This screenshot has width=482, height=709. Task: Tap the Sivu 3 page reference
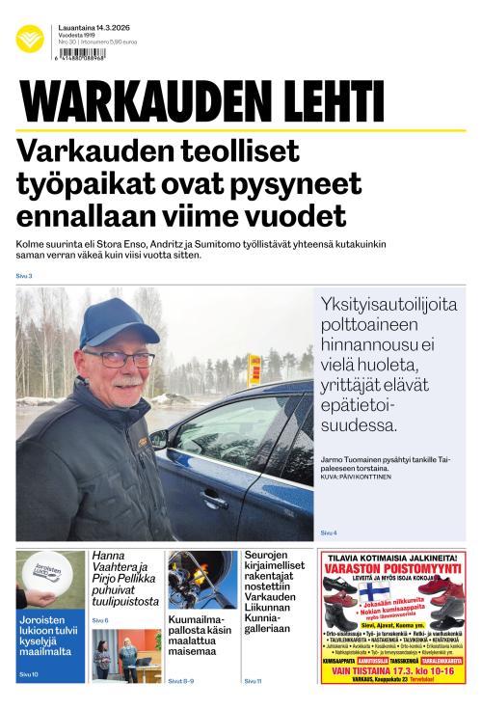pos(24,277)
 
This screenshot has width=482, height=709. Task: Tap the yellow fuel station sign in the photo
pos(254,369)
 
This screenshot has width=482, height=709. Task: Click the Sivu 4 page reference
pos(329,532)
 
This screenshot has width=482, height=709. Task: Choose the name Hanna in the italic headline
pos(109,556)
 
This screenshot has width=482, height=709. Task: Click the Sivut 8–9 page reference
pos(181,681)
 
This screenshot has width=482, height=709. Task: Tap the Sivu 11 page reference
pos(253,681)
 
